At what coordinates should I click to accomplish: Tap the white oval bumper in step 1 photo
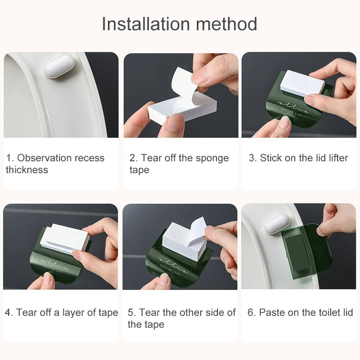point(60,66)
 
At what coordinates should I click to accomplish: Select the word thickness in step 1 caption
point(27,170)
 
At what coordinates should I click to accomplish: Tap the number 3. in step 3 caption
point(252,158)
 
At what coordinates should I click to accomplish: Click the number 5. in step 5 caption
point(132,312)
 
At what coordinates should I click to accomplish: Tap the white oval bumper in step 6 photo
point(277,224)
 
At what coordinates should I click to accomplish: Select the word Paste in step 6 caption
point(272,312)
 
